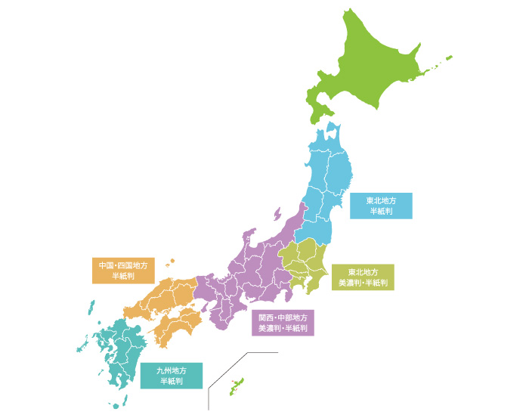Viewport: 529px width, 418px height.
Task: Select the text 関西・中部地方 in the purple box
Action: (x=283, y=317)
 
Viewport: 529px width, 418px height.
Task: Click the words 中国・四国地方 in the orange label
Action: (x=123, y=265)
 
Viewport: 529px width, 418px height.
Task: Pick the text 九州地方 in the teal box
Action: (x=172, y=370)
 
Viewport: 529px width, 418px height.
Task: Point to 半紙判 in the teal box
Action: (x=172, y=382)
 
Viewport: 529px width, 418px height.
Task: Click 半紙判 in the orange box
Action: (x=123, y=277)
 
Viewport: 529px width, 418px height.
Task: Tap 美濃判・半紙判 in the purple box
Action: (x=283, y=329)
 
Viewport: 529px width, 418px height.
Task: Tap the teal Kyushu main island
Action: (x=121, y=355)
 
